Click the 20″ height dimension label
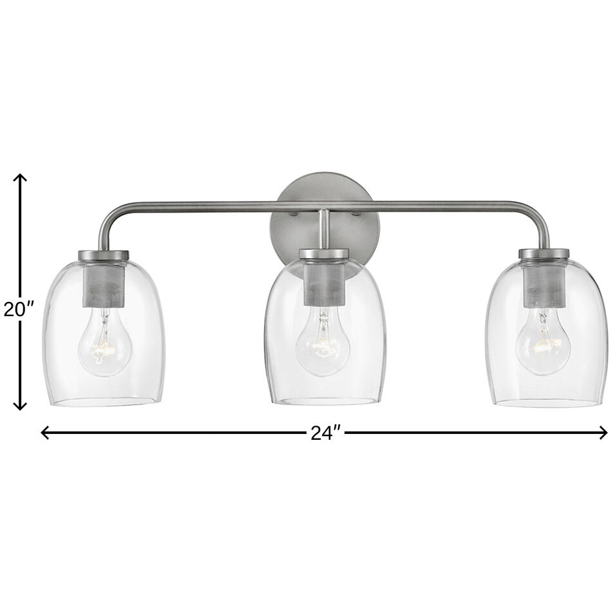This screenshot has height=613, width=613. tap(19, 310)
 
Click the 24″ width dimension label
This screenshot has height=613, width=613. tap(325, 433)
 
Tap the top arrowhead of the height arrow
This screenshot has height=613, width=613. tap(21, 178)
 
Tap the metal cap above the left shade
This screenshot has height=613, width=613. tap(104, 256)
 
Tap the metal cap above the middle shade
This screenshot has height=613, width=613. tap(324, 254)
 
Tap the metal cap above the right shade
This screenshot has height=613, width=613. tap(544, 254)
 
